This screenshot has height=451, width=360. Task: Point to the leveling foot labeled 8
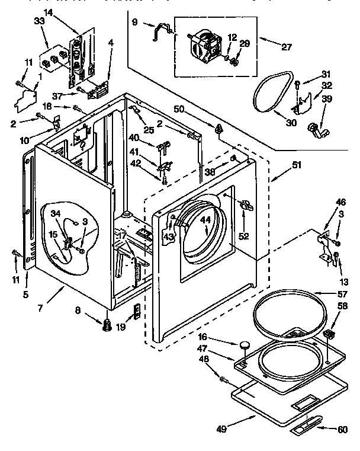coord(107,324)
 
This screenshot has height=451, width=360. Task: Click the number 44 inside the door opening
coord(205,219)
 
